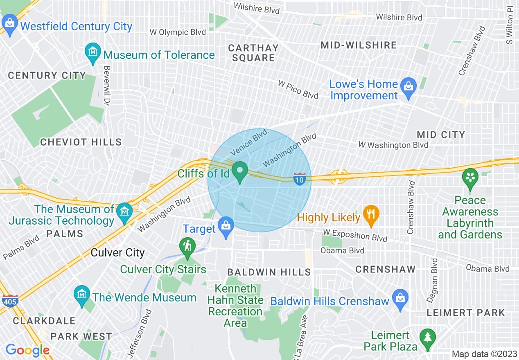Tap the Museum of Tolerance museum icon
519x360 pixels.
(x=93, y=52)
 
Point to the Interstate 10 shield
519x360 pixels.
(x=300, y=179)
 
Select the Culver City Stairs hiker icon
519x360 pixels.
(x=187, y=246)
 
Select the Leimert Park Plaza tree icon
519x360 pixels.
(x=428, y=337)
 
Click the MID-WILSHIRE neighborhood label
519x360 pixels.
(x=359, y=45)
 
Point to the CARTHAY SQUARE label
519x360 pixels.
(x=253, y=53)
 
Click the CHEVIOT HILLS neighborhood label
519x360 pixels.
(x=81, y=142)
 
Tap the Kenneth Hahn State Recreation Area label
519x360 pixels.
(x=235, y=306)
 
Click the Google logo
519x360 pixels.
(x=27, y=350)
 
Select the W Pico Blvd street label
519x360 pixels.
(x=298, y=89)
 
